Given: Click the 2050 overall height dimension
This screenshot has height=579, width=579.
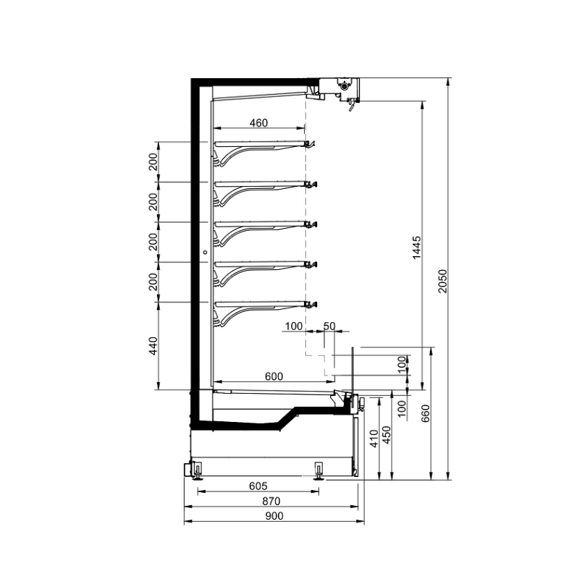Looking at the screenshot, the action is point(443,281).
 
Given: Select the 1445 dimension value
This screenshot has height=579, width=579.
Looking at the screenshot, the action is point(417,248).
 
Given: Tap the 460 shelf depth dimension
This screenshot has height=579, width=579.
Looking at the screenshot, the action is point(258,122).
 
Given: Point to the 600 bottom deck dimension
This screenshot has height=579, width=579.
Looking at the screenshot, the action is point(274,376).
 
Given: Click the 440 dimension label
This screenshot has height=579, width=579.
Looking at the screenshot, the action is point(153,346).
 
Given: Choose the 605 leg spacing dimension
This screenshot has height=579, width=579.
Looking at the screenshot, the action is point(258,486).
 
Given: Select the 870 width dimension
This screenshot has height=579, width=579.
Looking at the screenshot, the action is point(271,501).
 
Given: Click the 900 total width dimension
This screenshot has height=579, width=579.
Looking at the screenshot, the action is point(274,516).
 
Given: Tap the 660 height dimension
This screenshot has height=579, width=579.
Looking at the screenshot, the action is point(426,413).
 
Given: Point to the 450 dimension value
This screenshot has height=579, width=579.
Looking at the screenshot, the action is point(386,435).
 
